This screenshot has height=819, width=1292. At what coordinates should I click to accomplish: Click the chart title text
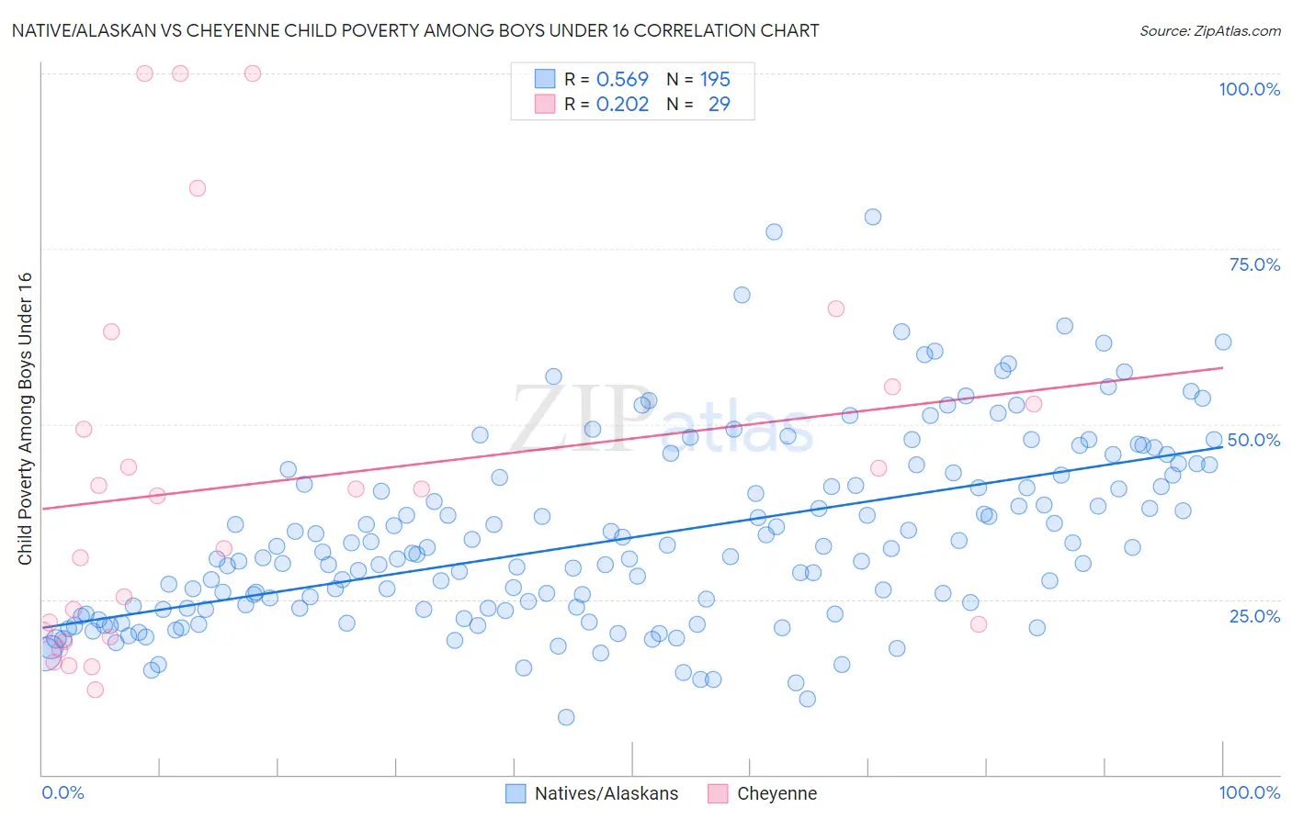tap(414, 30)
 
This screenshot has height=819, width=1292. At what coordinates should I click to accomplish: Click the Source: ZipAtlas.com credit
tap(1209, 30)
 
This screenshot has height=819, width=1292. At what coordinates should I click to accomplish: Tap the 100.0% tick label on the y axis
tap(1249, 89)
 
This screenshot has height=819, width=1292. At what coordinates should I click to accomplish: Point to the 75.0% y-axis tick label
tap(1254, 264)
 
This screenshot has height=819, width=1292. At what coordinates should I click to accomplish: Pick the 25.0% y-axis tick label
tap(1254, 615)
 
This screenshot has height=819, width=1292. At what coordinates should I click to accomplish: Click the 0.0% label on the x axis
tap(62, 792)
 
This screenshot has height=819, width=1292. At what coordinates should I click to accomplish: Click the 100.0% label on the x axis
tap(1249, 792)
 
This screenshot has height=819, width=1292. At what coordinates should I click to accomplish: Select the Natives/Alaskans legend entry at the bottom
tap(593, 793)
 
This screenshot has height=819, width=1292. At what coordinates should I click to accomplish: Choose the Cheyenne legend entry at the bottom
tap(763, 793)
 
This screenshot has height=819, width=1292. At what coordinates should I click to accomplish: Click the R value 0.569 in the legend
tap(622, 79)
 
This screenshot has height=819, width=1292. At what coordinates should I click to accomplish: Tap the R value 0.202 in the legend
tap(622, 104)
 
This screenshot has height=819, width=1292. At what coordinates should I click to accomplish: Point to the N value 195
tap(715, 79)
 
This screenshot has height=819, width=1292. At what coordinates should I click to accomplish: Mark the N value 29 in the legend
tap(719, 104)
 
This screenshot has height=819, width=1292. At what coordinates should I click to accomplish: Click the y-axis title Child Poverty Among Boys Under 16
tap(25, 419)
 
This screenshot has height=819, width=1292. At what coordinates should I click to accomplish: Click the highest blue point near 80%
tap(873, 217)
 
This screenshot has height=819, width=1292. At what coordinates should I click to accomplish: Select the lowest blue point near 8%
tap(566, 717)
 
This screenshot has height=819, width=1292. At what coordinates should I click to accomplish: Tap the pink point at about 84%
tap(198, 188)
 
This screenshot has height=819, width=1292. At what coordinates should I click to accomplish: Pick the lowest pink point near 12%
tap(95, 690)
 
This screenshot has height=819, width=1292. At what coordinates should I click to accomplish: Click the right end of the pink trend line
tap(1222, 367)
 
